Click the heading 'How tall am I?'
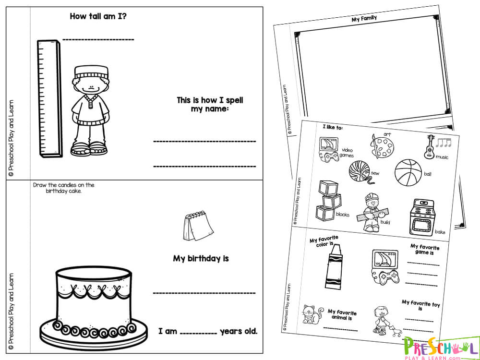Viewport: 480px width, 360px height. pyautogui.click(x=98, y=16)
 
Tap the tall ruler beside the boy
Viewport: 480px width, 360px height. pyautogui.click(x=49, y=98)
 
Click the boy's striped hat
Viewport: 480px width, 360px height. pyautogui.click(x=91, y=72)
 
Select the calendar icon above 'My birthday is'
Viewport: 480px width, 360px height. pyautogui.click(x=198, y=226)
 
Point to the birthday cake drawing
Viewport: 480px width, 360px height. pyautogui.click(x=94, y=308)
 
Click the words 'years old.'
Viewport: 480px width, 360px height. pyautogui.click(x=239, y=332)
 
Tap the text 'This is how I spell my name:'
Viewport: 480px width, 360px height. pyautogui.click(x=210, y=104)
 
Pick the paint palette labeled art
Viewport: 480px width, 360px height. pyautogui.click(x=382, y=146)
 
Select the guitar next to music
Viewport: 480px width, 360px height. pyautogui.click(x=430, y=147)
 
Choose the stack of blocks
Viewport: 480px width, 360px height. pyautogui.click(x=328, y=200)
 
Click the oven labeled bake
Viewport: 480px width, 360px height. pyautogui.click(x=422, y=217)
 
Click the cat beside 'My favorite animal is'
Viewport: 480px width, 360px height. pyautogui.click(x=312, y=314)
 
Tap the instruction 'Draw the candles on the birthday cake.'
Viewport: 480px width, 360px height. pyautogui.click(x=64, y=188)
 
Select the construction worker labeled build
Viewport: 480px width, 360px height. pyautogui.click(x=371, y=212)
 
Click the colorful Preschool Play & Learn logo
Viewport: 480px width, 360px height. pyautogui.click(x=441, y=348)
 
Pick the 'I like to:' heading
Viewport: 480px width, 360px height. pyautogui.click(x=333, y=127)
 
